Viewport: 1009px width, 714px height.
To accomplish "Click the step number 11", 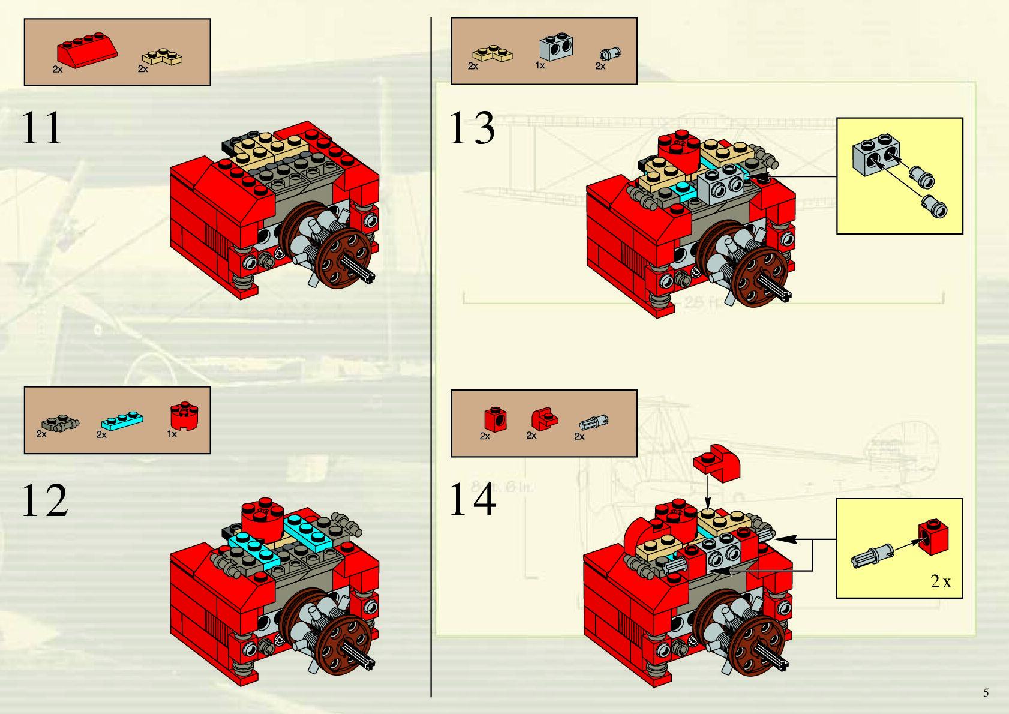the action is tap(42, 128).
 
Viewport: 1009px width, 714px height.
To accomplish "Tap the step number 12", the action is tap(44, 500).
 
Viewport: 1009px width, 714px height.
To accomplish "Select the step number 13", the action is tap(472, 128).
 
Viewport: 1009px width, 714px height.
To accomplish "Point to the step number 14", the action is tap(473, 500).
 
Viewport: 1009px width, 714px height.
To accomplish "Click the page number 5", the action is tap(986, 693).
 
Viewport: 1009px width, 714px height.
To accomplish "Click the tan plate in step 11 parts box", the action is tap(162, 58).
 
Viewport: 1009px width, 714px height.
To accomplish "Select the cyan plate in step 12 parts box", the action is tap(122, 419).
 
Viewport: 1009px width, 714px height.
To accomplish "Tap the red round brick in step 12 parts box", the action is tap(184, 416).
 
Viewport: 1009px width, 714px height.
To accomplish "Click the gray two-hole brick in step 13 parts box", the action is tap(556, 47).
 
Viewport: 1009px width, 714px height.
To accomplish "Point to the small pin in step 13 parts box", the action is tap(610, 54).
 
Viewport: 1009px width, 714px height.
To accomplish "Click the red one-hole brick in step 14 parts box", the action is tap(495, 419).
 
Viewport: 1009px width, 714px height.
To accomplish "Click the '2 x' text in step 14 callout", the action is tap(940, 581).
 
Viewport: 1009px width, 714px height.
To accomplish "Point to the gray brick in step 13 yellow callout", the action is tap(876, 154).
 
